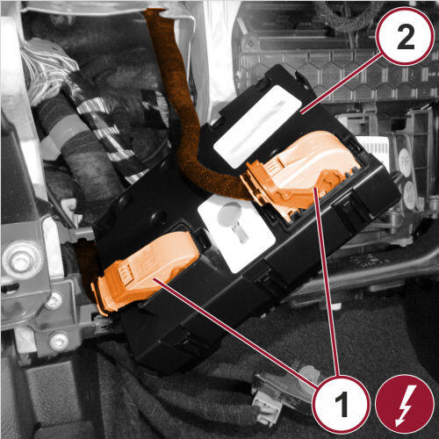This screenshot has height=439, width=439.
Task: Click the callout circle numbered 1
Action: click(342, 405)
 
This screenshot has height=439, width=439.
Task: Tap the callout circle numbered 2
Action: click(405, 36)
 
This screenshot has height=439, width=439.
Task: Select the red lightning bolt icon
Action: click(405, 405)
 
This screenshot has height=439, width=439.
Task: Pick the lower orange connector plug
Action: click(143, 272)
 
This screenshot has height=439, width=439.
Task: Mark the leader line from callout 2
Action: click(342, 83)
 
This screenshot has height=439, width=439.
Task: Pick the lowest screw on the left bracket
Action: click(59, 342)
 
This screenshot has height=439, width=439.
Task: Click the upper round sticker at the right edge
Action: click(405, 162)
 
